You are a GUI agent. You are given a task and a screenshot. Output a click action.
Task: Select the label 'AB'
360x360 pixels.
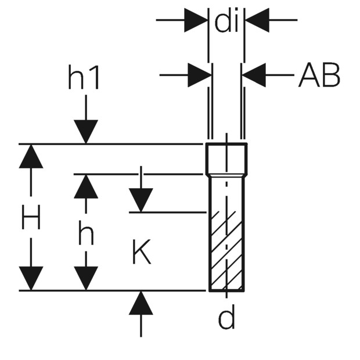[319, 75]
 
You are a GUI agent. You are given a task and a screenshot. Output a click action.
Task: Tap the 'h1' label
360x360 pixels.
[84, 77]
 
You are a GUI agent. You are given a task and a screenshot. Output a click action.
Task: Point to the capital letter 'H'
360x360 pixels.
[31, 217]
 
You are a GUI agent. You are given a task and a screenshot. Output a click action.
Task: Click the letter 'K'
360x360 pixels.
[142, 252]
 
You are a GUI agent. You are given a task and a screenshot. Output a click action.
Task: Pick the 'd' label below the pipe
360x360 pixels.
[226, 317]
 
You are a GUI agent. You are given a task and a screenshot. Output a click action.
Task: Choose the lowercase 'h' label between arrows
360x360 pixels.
[86, 232]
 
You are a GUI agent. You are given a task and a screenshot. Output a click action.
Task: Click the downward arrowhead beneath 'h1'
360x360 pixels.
[86, 132]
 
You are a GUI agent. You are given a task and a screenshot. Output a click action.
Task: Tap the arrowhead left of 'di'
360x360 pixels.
[196, 20]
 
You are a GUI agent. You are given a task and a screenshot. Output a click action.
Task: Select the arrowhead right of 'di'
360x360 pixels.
[257, 20]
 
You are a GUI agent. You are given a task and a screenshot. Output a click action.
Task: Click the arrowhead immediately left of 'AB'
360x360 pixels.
[254, 75]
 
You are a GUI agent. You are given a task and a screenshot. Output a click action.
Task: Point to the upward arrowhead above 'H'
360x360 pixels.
[31, 156]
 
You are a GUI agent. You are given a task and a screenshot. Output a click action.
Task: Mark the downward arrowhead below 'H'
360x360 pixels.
[31, 278]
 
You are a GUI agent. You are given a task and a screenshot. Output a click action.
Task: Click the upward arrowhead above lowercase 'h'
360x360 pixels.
[86, 186]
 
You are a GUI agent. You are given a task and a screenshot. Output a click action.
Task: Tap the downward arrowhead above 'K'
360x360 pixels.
[141, 200]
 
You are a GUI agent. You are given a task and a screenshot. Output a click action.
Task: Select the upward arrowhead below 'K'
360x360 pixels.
[141, 303]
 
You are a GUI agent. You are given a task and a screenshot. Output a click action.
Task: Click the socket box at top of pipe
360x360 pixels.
[226, 159]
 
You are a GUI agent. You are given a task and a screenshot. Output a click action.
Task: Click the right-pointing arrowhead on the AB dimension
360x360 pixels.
[200, 75]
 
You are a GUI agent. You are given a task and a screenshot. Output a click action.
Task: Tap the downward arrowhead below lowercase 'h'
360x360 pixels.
[86, 278]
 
